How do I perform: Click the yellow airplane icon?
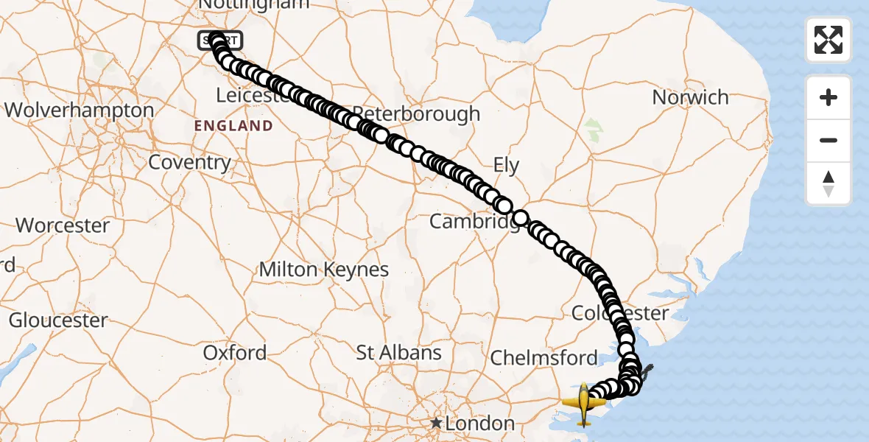pyautogui.click(x=584, y=404)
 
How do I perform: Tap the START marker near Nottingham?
pyautogui.click(x=219, y=41)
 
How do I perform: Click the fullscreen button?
pyautogui.click(x=828, y=40)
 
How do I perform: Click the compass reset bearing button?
pyautogui.click(x=828, y=183)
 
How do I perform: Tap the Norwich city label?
pyautogui.click(x=690, y=97)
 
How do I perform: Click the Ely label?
pyautogui.click(x=506, y=166)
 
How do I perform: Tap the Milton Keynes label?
pyautogui.click(x=323, y=270)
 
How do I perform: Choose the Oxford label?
pyautogui.click(x=235, y=353)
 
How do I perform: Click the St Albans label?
pyautogui.click(x=398, y=353)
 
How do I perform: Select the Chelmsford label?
pyautogui.click(x=543, y=359)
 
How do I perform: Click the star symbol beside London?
pyautogui.click(x=437, y=424)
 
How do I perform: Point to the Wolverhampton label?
pyautogui.click(x=80, y=110)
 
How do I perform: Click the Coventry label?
pyautogui.click(x=189, y=162)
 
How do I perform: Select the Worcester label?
pyautogui.click(x=63, y=225)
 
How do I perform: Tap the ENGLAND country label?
pyautogui.click(x=233, y=126)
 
